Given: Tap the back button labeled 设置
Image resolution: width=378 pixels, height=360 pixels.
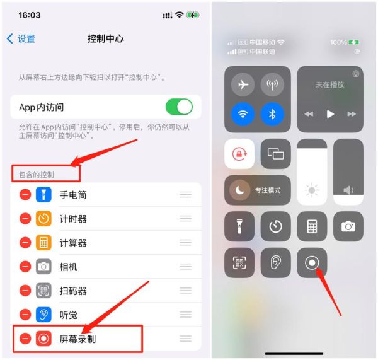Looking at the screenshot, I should [21, 39].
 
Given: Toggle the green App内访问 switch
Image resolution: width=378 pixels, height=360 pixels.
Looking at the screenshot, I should [179, 107].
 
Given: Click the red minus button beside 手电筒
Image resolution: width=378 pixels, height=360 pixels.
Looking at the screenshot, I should [25, 195].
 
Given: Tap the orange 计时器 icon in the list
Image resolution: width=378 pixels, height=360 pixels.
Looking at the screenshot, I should [43, 219].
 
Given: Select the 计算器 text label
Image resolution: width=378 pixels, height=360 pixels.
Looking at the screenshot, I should [73, 243].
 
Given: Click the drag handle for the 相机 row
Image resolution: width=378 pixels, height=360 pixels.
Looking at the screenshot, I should [185, 267].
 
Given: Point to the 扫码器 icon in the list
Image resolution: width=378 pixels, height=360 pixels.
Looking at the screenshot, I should [43, 291].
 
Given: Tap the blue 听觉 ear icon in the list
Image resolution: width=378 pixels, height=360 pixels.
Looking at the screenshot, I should [43, 315].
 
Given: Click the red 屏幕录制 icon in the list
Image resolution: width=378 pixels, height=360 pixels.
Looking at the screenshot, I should [43, 339].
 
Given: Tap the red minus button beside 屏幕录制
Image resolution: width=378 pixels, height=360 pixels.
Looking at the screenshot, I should [25, 339].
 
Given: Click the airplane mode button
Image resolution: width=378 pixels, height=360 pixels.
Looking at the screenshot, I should [243, 84].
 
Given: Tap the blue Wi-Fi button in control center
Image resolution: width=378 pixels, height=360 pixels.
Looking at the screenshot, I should [243, 115].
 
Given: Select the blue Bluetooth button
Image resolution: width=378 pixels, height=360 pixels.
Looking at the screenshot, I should [273, 115].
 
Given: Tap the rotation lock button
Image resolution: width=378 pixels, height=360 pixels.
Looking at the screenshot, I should [239, 154].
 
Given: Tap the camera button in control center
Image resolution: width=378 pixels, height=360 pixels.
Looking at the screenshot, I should [348, 226].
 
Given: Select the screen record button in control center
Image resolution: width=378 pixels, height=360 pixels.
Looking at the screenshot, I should [312, 263].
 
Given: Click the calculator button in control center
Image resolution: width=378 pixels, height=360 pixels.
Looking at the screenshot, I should [312, 226].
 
